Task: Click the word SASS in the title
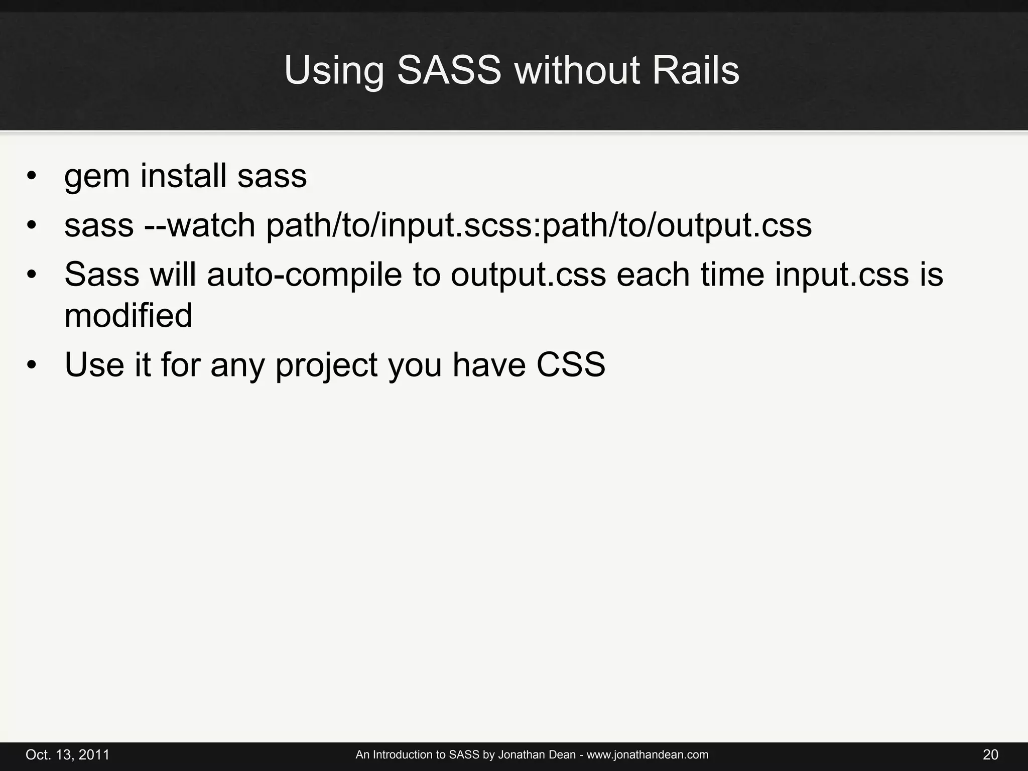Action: pos(449,70)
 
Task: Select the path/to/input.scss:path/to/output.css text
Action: pos(539,226)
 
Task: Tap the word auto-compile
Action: pos(304,275)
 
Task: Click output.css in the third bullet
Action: pos(528,276)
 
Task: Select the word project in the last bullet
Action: pos(326,365)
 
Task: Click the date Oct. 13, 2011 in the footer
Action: pos(67,754)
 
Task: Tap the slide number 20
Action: pos(990,754)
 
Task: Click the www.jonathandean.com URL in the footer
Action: pos(648,754)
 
